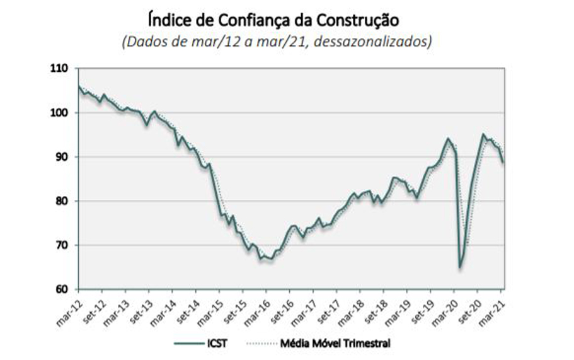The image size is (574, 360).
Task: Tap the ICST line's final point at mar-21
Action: coord(503,163)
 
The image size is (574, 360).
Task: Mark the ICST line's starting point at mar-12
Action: coord(78,86)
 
